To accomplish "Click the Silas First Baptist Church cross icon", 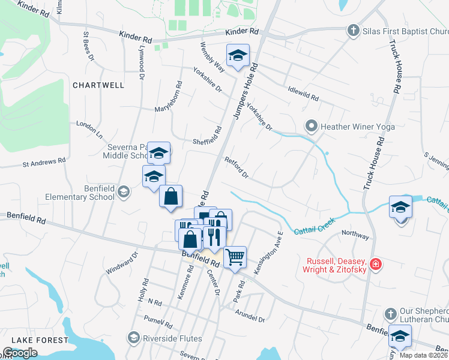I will coord(354,30).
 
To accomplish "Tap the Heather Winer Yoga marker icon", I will coord(311,126).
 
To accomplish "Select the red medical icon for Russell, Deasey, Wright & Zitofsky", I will coord(375,264).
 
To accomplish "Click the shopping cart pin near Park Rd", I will coord(235,256).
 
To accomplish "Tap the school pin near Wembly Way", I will coord(238,56).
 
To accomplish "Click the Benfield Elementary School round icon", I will coord(124,192).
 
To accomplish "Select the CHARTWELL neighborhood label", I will coord(98,85).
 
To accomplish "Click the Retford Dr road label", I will coord(237,167).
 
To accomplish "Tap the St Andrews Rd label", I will coord(44,162).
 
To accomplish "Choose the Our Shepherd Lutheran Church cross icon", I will coord(390,314).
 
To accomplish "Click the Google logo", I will coord(20,353).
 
